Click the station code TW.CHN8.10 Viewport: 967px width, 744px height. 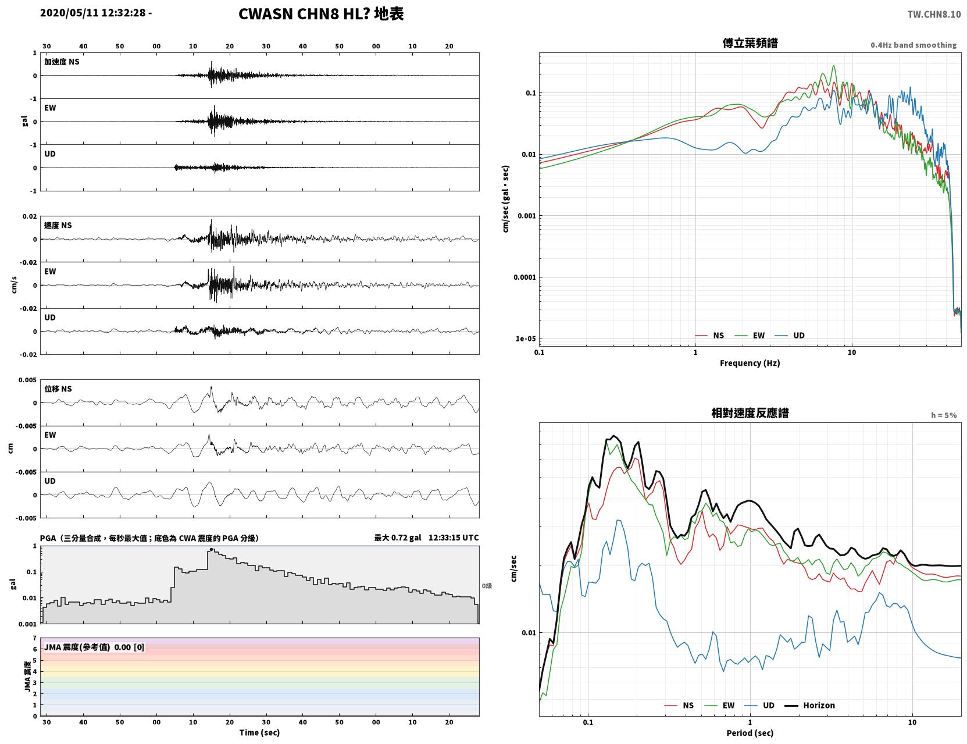click(934, 14)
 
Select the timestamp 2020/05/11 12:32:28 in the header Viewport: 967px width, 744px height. click(93, 12)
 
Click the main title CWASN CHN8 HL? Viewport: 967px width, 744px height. click(304, 14)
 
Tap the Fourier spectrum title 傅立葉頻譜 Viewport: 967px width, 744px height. click(750, 43)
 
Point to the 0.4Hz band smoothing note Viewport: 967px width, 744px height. click(914, 45)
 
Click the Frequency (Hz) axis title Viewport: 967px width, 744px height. click(750, 363)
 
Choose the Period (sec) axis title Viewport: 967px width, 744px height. click(750, 733)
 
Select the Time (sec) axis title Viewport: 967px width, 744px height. click(259, 732)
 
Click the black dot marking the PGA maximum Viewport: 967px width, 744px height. click(212, 550)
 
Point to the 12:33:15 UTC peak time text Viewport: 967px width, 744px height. click(454, 537)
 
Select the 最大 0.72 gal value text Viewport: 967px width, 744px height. click(397, 537)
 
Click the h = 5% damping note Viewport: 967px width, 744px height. click(944, 415)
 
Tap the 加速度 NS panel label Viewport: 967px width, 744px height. click(62, 62)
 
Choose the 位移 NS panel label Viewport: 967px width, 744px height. click(58, 389)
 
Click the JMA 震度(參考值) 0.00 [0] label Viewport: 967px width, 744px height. click(94, 647)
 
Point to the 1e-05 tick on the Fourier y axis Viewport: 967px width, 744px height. click(526, 339)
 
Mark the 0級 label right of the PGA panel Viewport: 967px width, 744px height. click(487, 586)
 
